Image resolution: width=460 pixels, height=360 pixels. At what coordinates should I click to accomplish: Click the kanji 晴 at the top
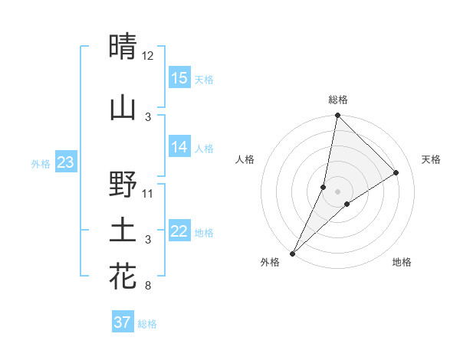(x=123, y=47)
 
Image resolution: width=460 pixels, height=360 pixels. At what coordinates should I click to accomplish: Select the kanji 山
(x=123, y=108)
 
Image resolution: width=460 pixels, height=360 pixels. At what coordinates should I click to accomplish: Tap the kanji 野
(x=123, y=185)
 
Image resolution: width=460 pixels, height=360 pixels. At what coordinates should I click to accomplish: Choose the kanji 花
(x=123, y=277)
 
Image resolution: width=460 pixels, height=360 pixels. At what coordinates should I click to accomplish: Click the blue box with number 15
(x=179, y=78)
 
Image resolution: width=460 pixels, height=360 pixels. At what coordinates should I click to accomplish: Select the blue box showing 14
(x=179, y=147)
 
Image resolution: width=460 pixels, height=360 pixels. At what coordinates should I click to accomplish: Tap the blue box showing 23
(x=65, y=162)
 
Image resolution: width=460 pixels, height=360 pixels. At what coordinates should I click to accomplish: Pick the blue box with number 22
(x=179, y=231)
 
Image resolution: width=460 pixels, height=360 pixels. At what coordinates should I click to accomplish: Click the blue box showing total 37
(x=123, y=322)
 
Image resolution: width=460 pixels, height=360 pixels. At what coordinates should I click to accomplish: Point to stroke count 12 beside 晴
(x=148, y=56)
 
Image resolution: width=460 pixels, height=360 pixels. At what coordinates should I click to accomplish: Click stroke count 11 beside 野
(x=148, y=193)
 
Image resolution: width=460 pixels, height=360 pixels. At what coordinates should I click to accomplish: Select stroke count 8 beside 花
(x=147, y=286)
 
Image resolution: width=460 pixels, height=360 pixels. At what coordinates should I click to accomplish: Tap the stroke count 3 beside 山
(x=148, y=116)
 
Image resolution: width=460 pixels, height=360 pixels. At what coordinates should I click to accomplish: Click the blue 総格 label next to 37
(x=147, y=324)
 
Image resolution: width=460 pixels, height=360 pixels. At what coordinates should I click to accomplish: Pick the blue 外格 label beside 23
(x=41, y=163)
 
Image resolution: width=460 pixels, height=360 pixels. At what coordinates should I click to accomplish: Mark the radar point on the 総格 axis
(x=337, y=115)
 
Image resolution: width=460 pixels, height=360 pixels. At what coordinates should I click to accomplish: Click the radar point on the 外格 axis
(x=292, y=253)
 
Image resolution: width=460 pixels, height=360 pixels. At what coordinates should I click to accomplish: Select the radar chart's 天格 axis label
(x=431, y=159)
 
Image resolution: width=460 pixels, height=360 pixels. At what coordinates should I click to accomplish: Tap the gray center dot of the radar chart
(x=337, y=191)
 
